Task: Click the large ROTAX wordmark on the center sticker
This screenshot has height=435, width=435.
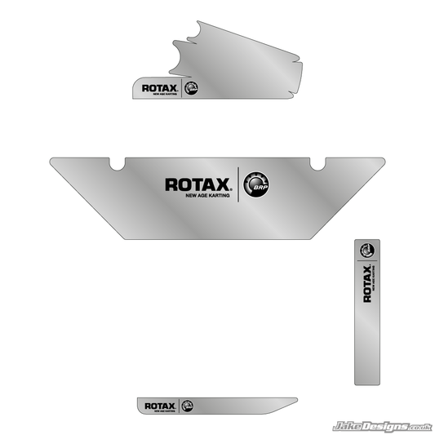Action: pos(198,184)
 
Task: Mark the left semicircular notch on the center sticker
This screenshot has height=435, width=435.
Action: pos(118,162)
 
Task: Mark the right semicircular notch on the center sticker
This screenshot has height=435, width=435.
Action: pos(319,162)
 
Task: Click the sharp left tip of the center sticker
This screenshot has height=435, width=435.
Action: pos(51,160)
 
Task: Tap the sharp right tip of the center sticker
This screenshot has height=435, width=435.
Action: pos(383,160)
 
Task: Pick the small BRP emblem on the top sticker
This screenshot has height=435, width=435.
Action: pos(192,88)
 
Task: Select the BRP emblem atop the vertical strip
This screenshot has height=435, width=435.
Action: pos(368,251)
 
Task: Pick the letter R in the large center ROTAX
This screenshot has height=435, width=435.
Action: pos(171,184)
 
